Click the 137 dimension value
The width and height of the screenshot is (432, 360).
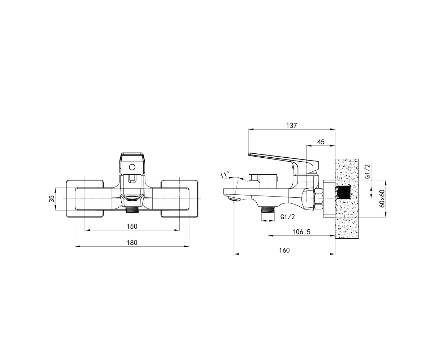291,126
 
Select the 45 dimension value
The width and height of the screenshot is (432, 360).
321,142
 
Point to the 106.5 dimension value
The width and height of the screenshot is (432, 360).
301,232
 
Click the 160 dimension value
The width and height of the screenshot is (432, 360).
284,250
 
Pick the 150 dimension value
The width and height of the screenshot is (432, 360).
132,226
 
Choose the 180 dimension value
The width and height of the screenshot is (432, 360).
132,243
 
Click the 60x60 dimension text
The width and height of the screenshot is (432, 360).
382,199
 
